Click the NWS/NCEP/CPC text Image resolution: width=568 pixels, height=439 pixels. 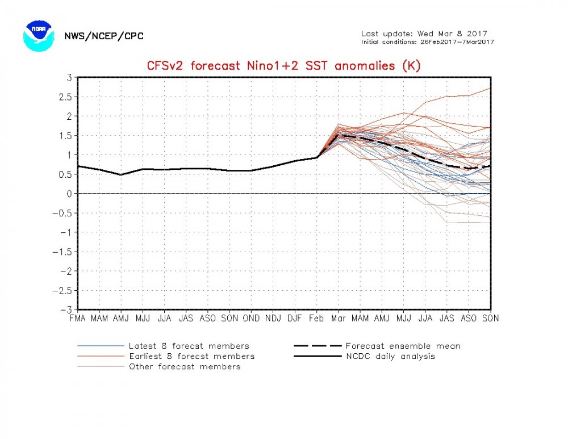coord(103,36)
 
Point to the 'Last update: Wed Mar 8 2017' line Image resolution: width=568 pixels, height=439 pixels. coord(424,34)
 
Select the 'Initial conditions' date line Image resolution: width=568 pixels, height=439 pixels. coord(428,42)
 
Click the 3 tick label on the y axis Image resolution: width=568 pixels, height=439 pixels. coord(68,77)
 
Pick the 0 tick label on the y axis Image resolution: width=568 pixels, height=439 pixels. coord(68,194)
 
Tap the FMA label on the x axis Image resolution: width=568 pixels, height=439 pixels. coord(77,319)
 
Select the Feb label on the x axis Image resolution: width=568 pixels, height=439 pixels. coord(316,319)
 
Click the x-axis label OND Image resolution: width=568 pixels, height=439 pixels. coord(251,319)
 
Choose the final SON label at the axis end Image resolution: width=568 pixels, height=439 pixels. coord(490,319)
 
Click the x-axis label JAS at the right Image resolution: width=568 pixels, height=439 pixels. coord(447,319)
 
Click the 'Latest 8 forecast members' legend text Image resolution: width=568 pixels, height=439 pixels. coord(189,346)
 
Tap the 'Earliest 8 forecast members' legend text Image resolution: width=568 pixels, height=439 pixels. coord(191,356)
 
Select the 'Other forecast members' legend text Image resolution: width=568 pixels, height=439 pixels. coord(185,366)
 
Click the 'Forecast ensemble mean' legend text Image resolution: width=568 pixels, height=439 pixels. coord(403,346)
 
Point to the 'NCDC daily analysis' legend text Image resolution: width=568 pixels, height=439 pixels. coord(390,356)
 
